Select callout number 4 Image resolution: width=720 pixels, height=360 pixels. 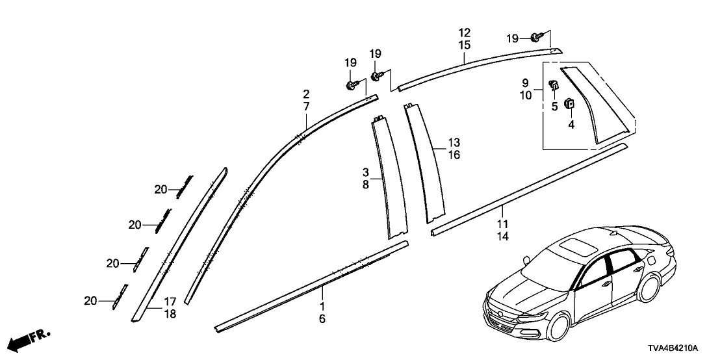[571, 124]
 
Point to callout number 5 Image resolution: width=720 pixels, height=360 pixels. [554, 107]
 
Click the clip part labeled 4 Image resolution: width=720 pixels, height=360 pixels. [569, 103]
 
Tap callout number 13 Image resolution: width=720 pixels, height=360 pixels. [454, 142]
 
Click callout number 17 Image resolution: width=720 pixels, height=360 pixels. [170, 302]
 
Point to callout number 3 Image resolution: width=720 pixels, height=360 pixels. [366, 172]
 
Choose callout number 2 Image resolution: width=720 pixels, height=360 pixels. [306, 94]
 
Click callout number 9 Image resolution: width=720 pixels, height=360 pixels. [525, 83]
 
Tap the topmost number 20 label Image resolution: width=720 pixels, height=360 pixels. [161, 190]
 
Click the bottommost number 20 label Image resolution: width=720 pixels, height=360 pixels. [91, 300]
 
